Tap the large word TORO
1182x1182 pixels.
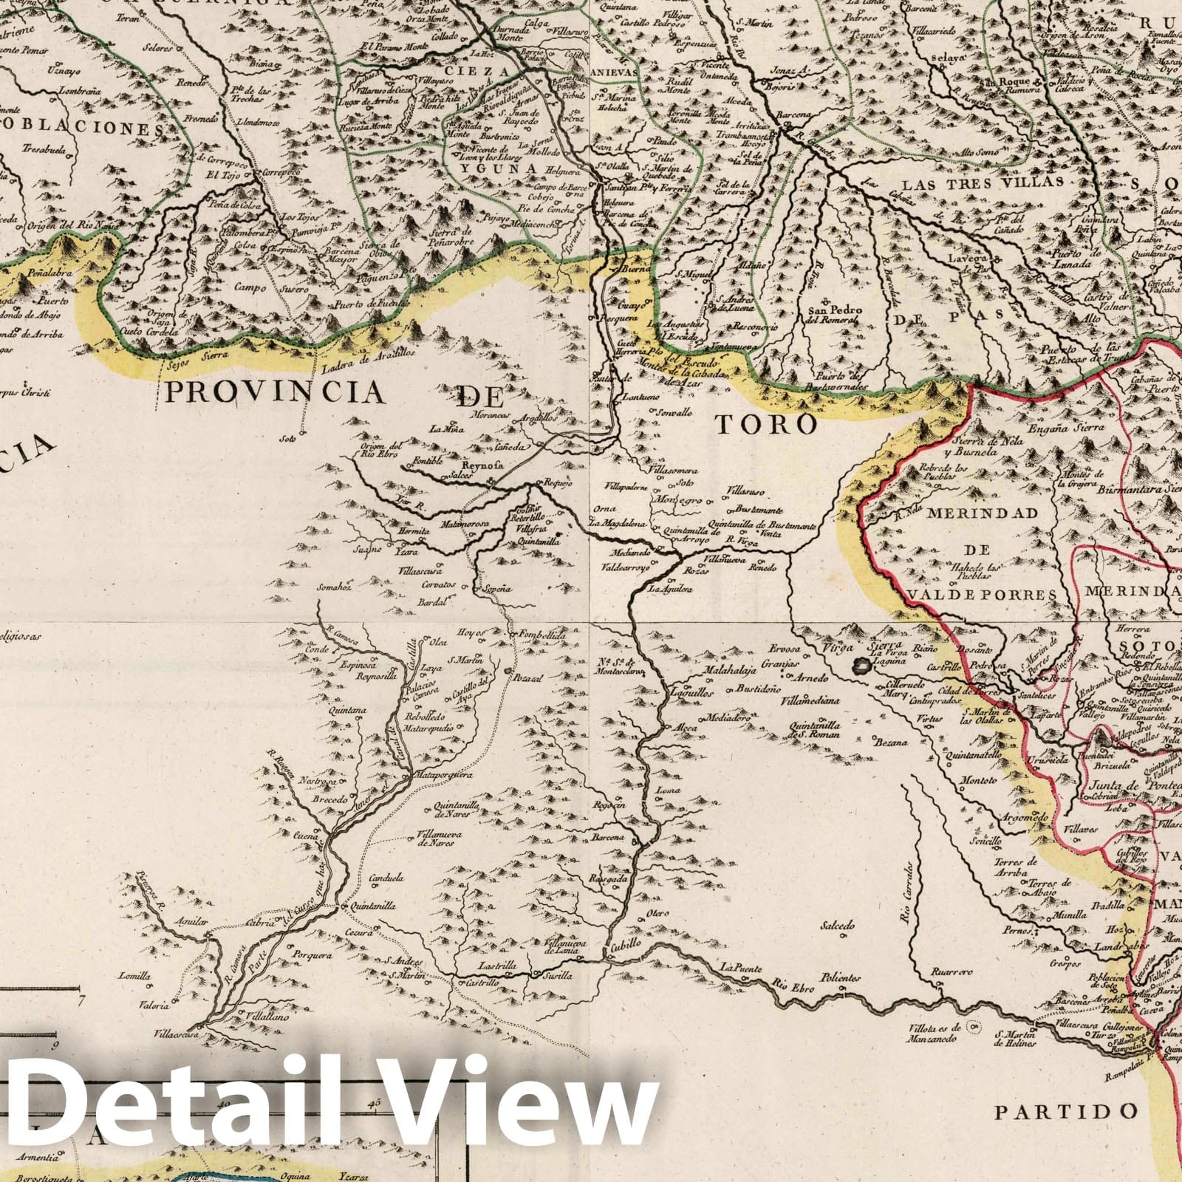click(x=768, y=424)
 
